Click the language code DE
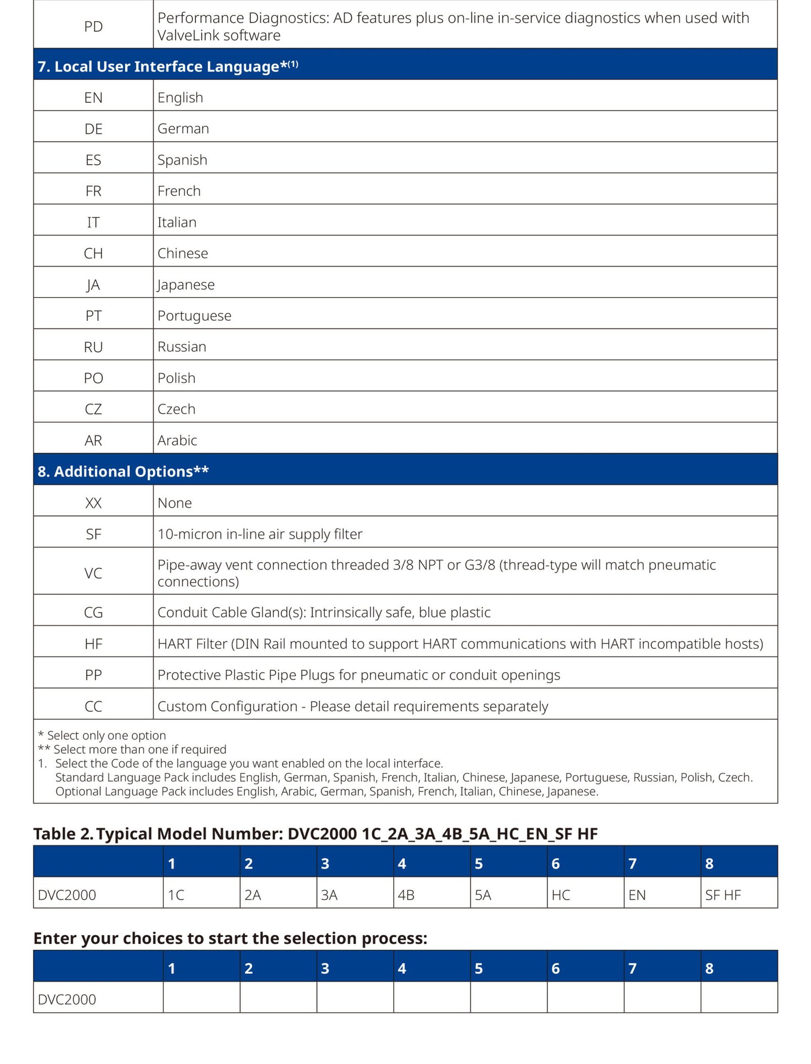93,129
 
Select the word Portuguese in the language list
194,315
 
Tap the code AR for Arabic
93,440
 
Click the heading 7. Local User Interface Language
167,66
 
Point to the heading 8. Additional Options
123,471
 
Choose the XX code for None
93,503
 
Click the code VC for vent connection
93,573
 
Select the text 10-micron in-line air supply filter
260,534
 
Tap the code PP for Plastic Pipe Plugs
93,675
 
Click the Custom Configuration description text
352,706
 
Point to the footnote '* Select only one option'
102,735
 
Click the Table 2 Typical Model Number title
315,834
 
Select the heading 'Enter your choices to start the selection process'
230,938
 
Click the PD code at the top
93,26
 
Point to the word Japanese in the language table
186,284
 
